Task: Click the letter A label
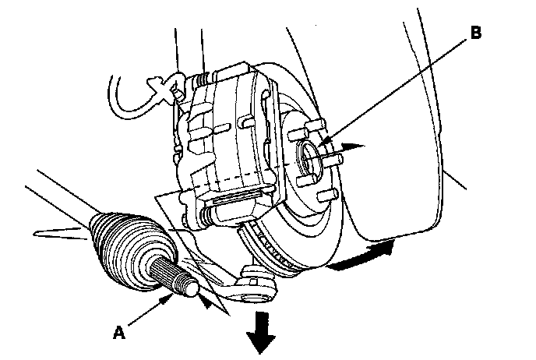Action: click(x=119, y=332)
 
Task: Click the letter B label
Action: click(x=476, y=33)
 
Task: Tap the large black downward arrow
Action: click(x=260, y=332)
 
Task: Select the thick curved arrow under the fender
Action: click(x=362, y=256)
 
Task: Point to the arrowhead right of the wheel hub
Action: click(x=353, y=147)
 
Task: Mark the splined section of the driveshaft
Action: click(x=164, y=270)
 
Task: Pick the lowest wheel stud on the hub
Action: click(x=327, y=196)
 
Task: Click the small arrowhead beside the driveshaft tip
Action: click(x=206, y=302)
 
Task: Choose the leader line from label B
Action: click(x=393, y=91)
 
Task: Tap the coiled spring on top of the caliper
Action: click(x=202, y=79)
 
